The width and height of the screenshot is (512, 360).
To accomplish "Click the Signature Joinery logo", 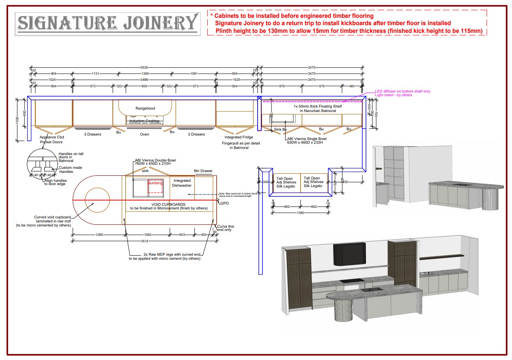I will coord(108,24).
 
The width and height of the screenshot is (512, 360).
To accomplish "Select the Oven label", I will coord(144,134).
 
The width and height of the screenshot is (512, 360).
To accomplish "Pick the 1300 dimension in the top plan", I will coord(145,73).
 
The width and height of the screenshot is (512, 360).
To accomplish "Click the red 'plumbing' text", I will coord(155,183).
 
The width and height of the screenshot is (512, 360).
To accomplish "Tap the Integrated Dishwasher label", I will coord(182,183).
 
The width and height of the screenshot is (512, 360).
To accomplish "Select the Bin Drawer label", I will coord(203,171).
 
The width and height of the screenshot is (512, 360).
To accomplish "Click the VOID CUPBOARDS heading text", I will coord(168,204).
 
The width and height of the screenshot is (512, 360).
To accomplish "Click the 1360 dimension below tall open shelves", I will coord(300,213).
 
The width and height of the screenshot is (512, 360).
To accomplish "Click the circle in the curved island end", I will coord(97,200).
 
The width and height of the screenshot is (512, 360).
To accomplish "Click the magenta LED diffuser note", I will coord(402,91).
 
